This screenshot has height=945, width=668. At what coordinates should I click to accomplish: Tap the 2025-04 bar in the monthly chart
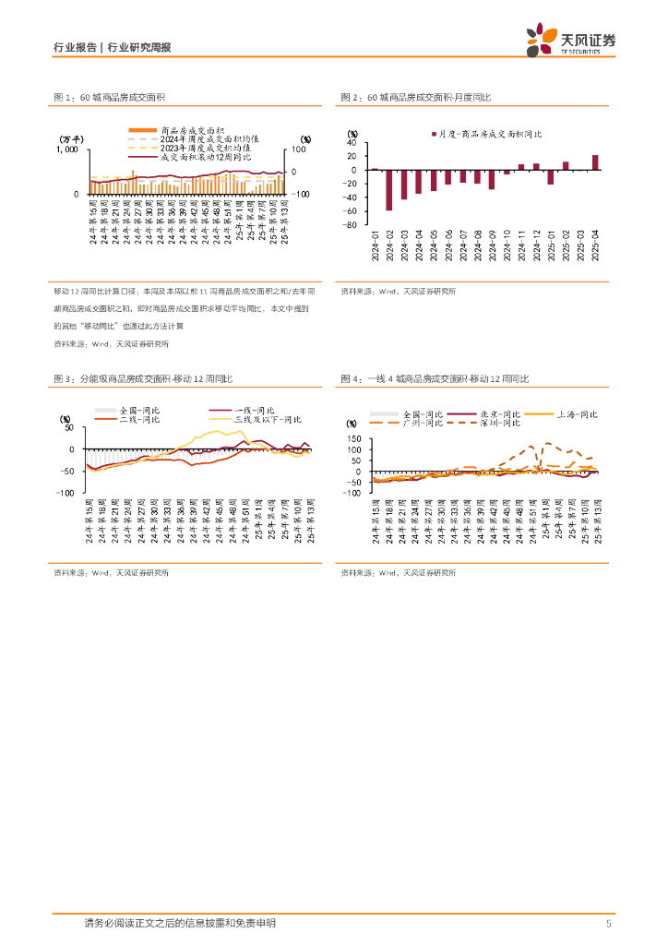click(595, 162)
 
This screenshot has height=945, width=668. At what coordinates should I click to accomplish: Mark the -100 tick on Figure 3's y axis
click(65, 493)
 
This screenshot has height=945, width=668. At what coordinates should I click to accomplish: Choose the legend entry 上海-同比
click(563, 414)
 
